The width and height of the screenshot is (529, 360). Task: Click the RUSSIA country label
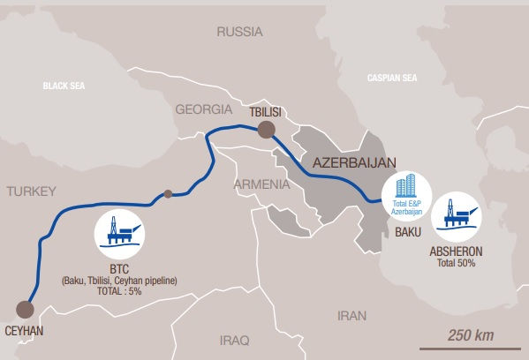tap(239, 32)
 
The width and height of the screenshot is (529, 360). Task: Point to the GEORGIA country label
tap(204, 110)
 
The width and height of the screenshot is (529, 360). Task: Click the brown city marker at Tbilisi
tap(265, 131)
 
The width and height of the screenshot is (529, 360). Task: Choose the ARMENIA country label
tap(261, 184)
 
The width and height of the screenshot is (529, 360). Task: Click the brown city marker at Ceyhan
tap(25, 310)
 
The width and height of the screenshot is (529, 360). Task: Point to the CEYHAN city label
tap(25, 332)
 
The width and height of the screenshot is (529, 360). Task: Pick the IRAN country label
tap(351, 315)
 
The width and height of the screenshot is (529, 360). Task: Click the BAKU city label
tap(408, 232)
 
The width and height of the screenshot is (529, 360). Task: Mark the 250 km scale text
tap(471, 335)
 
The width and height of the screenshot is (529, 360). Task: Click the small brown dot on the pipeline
tap(168, 193)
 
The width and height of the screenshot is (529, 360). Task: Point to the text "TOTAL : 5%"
tap(119, 291)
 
